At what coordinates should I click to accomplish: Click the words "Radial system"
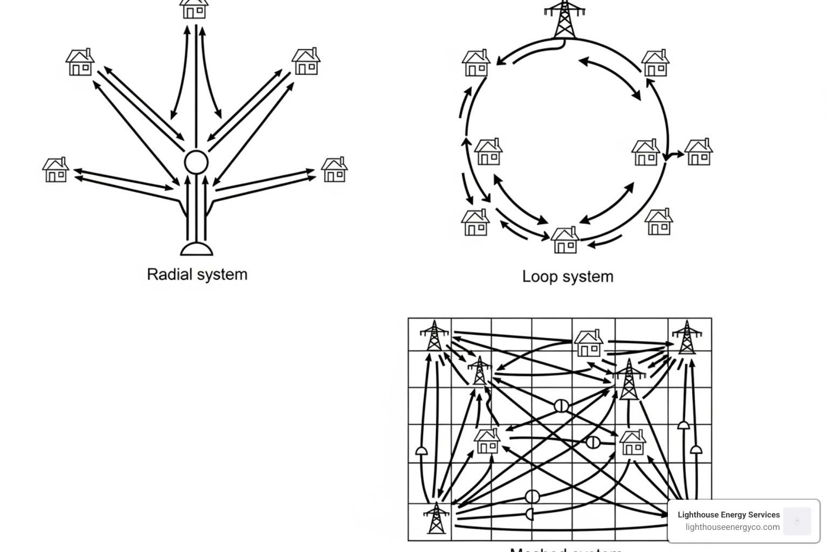(x=197, y=274)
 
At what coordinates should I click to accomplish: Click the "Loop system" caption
(x=568, y=277)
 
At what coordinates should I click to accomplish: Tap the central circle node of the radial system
(x=196, y=162)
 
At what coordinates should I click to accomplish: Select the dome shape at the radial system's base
(x=197, y=249)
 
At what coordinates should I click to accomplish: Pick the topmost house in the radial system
(x=194, y=9)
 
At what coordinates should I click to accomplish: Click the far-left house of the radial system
(x=56, y=170)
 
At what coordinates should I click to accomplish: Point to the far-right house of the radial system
(x=334, y=170)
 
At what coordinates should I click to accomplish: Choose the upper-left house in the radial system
(x=80, y=62)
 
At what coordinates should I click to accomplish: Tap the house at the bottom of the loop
(x=564, y=240)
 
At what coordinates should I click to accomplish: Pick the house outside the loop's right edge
(x=699, y=152)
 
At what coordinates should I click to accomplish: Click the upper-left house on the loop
(x=476, y=63)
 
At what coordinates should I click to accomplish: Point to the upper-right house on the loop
(x=655, y=63)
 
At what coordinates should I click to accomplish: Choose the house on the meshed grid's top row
(x=588, y=343)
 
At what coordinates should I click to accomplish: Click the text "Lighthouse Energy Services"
(x=728, y=515)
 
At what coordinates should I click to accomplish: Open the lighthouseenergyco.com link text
(x=733, y=527)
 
